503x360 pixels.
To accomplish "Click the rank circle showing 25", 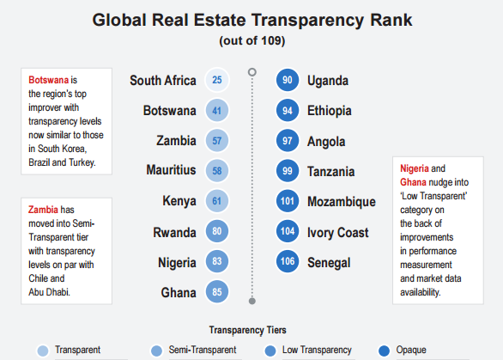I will click(x=217, y=81).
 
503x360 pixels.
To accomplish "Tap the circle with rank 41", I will click(x=217, y=111).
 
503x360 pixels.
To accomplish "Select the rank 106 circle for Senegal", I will click(x=288, y=261).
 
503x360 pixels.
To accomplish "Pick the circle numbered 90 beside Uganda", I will click(x=288, y=81).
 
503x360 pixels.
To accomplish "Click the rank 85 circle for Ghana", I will click(x=217, y=293).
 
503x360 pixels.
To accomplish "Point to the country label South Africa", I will click(x=163, y=81).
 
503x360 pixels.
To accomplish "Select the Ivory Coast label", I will click(x=338, y=232).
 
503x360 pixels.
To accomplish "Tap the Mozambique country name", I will click(x=341, y=202).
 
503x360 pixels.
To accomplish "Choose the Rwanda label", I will click(x=175, y=232).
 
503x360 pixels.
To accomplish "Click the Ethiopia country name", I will click(x=329, y=111).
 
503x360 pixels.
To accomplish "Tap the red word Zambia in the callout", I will click(x=44, y=209).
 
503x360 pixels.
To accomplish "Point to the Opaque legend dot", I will click(x=385, y=350).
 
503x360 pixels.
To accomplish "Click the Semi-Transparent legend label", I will click(x=203, y=350).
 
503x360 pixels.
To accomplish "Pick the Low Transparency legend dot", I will click(x=271, y=350).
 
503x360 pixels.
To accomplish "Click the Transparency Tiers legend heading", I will click(x=248, y=330).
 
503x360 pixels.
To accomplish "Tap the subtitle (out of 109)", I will click(x=251, y=40).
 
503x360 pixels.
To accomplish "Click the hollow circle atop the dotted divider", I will click(x=252, y=71).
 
